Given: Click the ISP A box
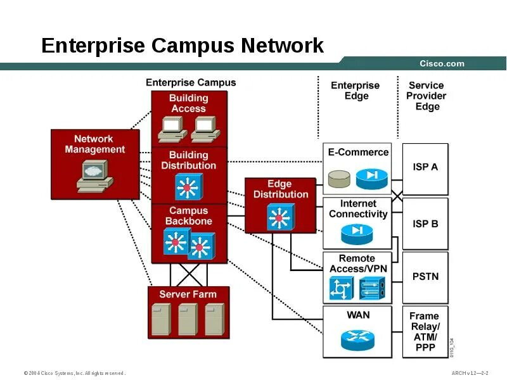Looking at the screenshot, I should (425, 168).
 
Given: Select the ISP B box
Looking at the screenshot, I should (425, 224).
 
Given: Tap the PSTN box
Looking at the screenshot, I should (425, 277).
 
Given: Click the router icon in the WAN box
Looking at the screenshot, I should (357, 339).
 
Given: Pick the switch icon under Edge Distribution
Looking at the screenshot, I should (279, 217).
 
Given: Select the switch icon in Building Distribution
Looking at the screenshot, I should (188, 187).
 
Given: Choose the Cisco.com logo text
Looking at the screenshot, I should (442, 63).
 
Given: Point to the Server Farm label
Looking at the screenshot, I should (188, 294).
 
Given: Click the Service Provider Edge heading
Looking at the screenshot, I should (427, 96).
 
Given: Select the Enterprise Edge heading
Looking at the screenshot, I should (356, 91).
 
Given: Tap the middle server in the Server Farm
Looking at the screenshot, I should (188, 319).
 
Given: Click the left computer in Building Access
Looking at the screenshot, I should (171, 129).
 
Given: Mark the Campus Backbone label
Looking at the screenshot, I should (188, 216).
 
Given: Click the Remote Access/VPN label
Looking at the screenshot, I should (357, 263).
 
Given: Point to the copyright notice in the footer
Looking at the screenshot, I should (75, 373).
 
